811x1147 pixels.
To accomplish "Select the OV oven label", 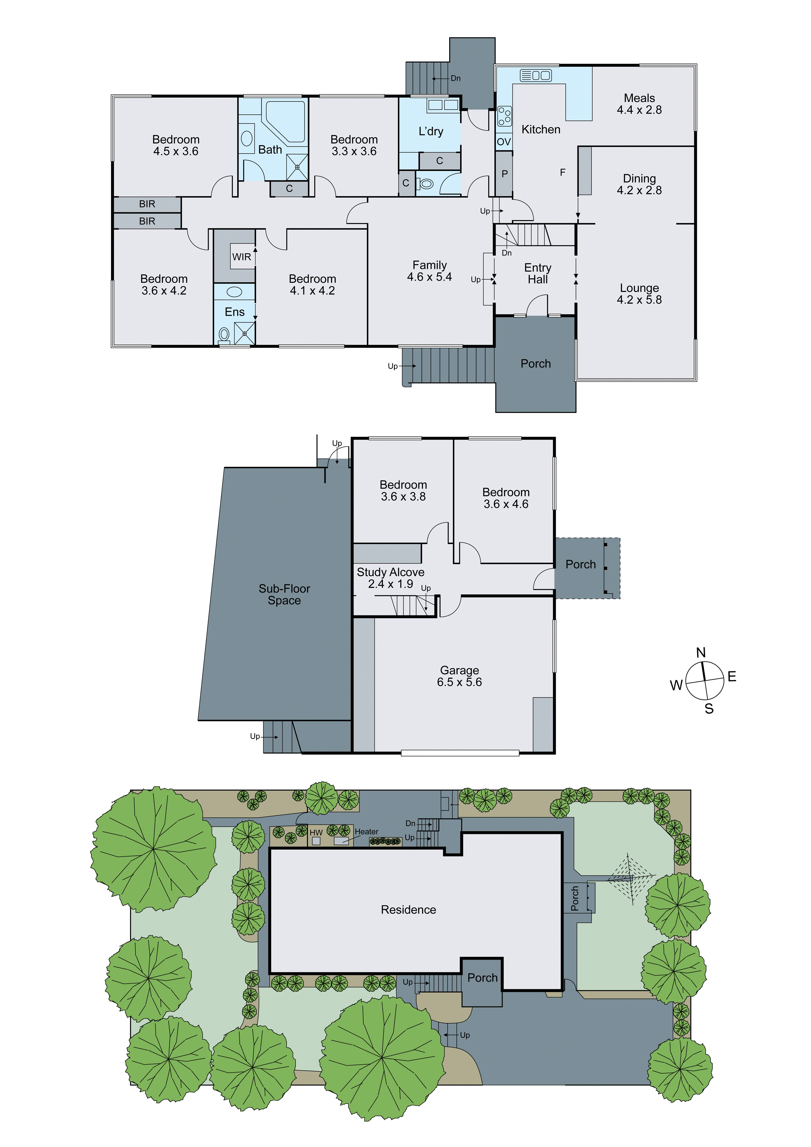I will pos(504,142).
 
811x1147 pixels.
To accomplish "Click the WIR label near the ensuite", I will pos(242,257).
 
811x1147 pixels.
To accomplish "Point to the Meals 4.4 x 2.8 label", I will pos(639,104).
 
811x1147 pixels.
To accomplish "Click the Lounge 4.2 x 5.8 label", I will pos(639,294).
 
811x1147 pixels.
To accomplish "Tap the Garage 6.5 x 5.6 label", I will pos(460,676).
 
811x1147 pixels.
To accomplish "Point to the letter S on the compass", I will pos(709,708).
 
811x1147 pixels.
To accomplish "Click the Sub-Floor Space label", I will pos(284,595).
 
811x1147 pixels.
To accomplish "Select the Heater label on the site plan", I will pos(367,831).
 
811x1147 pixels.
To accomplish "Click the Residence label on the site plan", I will pos(408,910).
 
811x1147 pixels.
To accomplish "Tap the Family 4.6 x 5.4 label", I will pos(429,271).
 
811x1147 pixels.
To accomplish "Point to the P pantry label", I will pos(504,174).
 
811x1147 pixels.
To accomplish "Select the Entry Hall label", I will pos(538,274).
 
